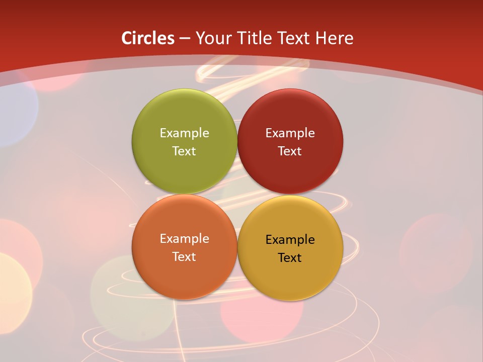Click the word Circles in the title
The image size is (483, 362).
(x=148, y=38)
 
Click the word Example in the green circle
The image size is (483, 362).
(x=184, y=133)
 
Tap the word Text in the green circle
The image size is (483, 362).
(x=184, y=151)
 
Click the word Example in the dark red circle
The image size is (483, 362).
(x=290, y=133)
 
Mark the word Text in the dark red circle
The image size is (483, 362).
(x=290, y=151)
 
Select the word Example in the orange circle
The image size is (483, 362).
(x=184, y=239)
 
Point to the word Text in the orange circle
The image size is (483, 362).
(x=184, y=257)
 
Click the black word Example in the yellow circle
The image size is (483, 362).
(x=290, y=240)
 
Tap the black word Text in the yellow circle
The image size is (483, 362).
(x=290, y=258)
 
